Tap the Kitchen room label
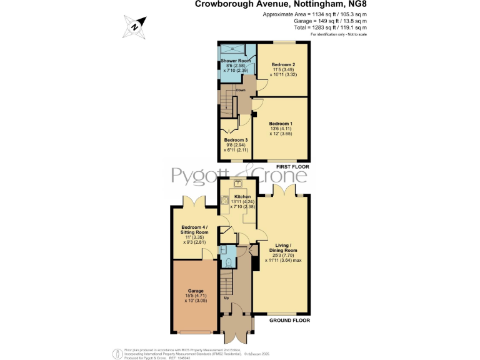pos(242,197)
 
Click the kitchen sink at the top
pos(238,182)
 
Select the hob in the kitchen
pos(223,200)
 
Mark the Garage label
pos(196,291)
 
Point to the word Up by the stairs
pos(226,297)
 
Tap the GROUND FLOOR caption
pos(289,320)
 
